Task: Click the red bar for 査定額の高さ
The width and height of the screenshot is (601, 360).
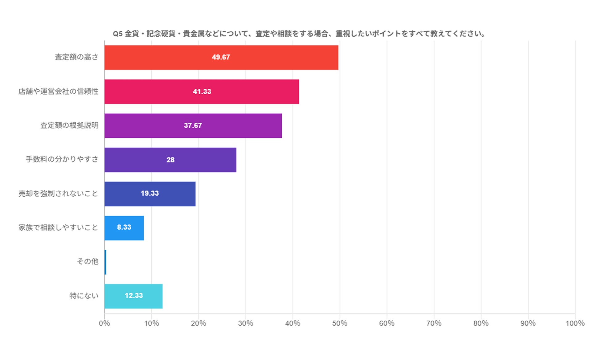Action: (x=221, y=57)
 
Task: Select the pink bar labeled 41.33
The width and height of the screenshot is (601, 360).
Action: (x=202, y=92)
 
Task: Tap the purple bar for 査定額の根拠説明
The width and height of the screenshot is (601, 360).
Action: (x=193, y=126)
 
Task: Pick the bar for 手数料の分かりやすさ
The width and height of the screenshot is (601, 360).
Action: (x=170, y=160)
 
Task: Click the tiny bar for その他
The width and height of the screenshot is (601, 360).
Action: (x=105, y=262)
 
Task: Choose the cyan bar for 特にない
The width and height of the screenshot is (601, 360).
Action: (x=133, y=296)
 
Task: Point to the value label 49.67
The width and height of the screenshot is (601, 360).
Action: (x=221, y=57)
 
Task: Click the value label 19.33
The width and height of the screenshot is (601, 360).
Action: (x=150, y=193)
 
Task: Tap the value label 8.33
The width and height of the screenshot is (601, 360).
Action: (x=124, y=227)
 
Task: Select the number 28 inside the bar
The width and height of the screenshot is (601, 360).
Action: (x=170, y=160)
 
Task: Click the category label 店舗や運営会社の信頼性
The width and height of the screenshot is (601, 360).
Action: (x=59, y=92)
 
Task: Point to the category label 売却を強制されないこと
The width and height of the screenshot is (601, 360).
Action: (x=59, y=194)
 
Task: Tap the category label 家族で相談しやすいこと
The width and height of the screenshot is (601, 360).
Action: (x=59, y=227)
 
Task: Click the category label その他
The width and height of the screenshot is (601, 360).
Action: (x=88, y=261)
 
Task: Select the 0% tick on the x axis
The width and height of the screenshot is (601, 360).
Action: (x=104, y=323)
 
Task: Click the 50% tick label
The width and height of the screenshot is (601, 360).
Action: (x=340, y=323)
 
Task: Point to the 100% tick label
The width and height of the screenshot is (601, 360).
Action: (x=575, y=323)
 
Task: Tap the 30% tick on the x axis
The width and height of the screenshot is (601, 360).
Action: (x=246, y=323)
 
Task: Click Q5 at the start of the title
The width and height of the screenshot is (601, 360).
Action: (x=118, y=34)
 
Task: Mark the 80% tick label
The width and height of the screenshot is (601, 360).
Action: (x=481, y=323)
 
